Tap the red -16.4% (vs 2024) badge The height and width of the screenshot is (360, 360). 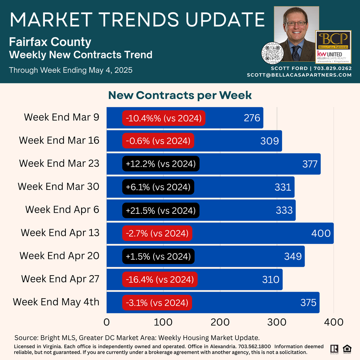tap(160, 280)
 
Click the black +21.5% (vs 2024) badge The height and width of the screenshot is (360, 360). tap(161, 210)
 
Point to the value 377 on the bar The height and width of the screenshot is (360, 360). tap(310, 164)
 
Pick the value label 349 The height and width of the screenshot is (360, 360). tap(293, 256)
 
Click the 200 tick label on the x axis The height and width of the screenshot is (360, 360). tap(220, 322)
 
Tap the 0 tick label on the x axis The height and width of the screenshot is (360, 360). tap(107, 322)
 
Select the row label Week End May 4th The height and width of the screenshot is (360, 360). tap(56, 302)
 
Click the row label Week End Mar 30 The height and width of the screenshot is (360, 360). tap(58, 187)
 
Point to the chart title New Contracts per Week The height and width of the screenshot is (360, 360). tap(180, 95)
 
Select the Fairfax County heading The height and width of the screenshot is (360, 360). tap(50, 42)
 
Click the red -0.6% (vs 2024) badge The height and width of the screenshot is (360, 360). tap(158, 141)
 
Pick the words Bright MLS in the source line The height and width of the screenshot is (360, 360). tap(54, 337)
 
